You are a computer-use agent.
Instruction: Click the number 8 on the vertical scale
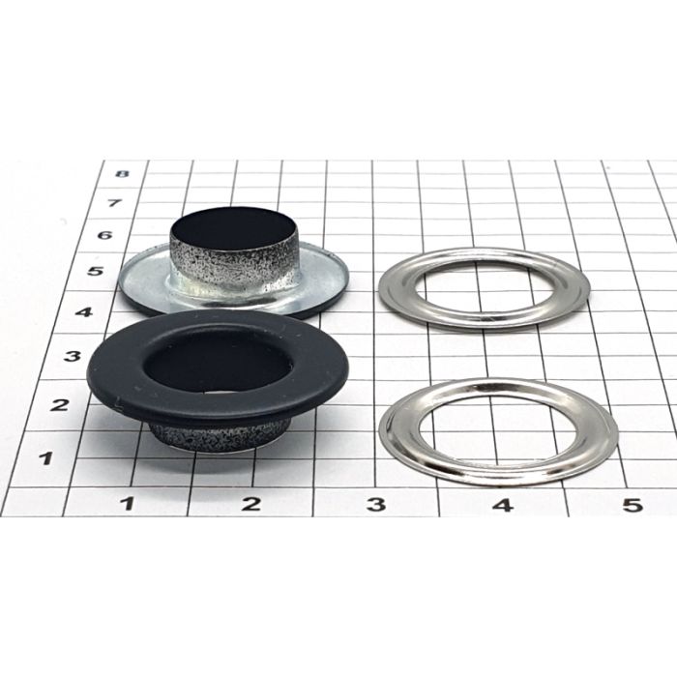123,173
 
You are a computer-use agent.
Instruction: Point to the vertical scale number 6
104,235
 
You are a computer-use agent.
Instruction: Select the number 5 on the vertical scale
95,271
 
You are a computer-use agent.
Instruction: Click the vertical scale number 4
84,311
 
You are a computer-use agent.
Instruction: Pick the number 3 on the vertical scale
73,356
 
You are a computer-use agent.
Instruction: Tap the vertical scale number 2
59,405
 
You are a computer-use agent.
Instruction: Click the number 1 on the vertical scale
45,458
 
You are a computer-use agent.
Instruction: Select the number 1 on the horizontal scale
127,504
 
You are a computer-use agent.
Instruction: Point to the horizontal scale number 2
251,504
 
